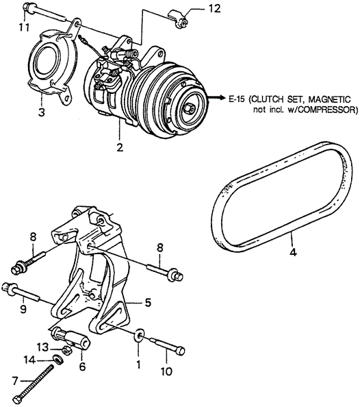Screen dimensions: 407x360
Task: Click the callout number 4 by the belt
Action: [293, 252]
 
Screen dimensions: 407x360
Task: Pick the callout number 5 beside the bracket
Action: [148, 301]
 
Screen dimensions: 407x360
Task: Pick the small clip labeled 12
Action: [181, 21]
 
